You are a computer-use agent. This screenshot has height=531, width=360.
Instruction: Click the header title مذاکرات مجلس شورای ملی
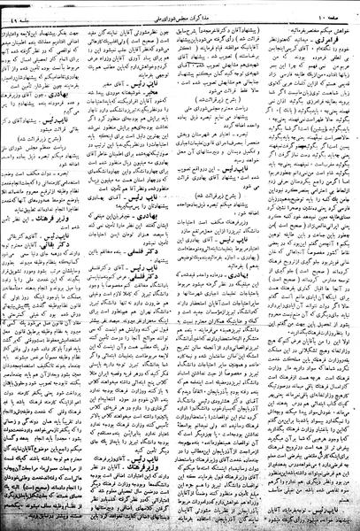(181, 8)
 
